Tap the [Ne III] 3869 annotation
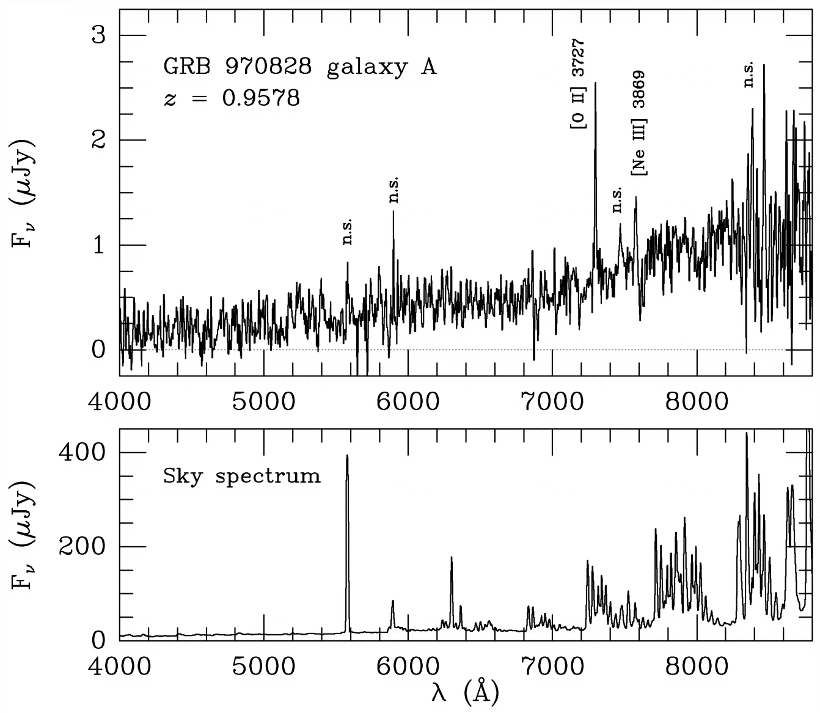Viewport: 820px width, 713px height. click(x=639, y=123)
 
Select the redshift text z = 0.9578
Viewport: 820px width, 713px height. click(x=232, y=98)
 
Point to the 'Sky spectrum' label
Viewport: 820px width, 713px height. click(x=241, y=475)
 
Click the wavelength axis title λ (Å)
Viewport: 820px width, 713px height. click(x=464, y=692)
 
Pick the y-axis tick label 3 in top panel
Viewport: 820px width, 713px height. click(x=98, y=35)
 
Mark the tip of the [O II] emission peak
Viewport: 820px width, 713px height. click(x=595, y=83)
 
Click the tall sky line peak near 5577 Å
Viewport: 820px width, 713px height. click(x=347, y=455)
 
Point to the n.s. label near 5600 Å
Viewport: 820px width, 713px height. click(x=347, y=232)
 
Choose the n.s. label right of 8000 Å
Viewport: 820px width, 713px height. click(x=749, y=74)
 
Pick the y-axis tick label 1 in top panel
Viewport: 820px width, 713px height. click(x=98, y=245)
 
